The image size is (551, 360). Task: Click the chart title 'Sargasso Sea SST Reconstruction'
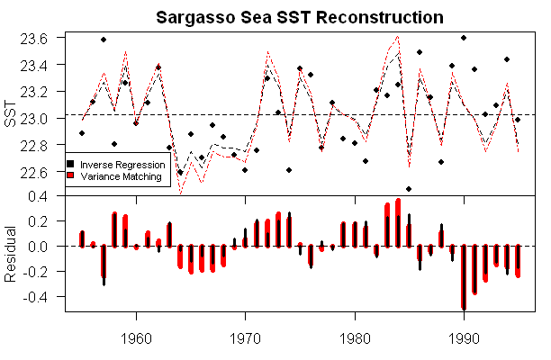click(x=300, y=17)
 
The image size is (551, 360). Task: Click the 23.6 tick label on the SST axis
click(x=45, y=39)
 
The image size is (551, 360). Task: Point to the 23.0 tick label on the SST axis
click(x=45, y=116)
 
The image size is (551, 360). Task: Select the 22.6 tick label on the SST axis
click(x=45, y=171)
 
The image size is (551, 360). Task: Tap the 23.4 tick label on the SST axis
click(x=45, y=65)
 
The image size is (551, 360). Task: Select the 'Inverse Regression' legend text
click(x=122, y=165)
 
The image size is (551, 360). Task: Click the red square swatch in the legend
click(x=72, y=177)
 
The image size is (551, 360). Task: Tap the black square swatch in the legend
click(x=72, y=165)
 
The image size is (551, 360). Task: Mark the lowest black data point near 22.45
click(x=409, y=189)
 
